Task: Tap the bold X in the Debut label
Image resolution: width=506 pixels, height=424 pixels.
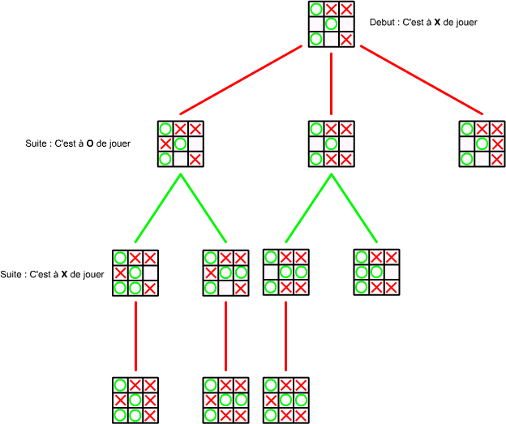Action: point(437,22)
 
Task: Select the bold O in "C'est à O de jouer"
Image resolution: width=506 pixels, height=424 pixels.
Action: point(90,143)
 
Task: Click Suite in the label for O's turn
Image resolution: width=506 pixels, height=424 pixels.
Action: point(36,143)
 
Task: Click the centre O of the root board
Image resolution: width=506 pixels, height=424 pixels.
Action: point(332,24)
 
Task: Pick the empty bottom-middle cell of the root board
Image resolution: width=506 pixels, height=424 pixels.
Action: point(332,40)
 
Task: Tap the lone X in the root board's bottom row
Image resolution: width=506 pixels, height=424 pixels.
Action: point(346,40)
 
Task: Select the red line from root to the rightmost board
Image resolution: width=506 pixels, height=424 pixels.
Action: point(422,80)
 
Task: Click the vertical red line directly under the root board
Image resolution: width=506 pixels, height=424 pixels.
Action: point(332,84)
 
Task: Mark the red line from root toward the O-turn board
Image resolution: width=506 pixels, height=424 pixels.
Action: point(241,80)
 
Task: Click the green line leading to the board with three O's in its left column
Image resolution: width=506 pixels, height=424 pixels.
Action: point(354,208)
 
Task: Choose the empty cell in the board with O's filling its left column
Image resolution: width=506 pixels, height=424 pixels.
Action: point(391,272)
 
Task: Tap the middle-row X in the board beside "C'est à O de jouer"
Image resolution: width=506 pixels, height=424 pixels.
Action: point(165,144)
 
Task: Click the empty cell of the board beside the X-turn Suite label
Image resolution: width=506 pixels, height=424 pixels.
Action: point(150,273)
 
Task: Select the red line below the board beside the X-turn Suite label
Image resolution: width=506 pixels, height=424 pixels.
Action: point(136,336)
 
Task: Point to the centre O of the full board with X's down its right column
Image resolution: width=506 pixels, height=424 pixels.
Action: point(135,400)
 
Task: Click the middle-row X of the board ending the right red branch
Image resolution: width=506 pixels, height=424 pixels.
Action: point(497,144)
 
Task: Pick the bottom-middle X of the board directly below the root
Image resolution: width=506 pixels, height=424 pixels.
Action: point(332,159)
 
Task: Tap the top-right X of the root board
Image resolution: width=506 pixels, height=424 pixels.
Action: point(346,10)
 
